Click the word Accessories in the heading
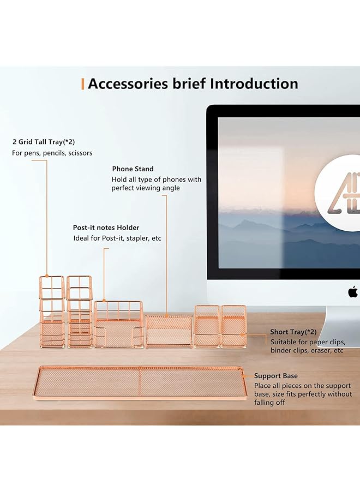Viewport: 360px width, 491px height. [x=128, y=83]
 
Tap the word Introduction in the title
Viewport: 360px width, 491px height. [x=254, y=83]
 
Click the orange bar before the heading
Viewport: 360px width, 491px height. [x=83, y=84]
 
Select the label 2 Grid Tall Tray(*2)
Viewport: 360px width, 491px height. [x=44, y=142]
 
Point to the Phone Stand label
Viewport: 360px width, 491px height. [x=133, y=169]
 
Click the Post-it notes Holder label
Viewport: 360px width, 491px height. [x=106, y=227]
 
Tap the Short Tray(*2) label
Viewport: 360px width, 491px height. [x=293, y=332]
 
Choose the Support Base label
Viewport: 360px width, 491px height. [x=276, y=376]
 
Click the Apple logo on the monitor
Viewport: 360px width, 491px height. [x=352, y=291]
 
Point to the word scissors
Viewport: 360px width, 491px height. [x=80, y=153]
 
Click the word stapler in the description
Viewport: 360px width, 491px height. [x=138, y=238]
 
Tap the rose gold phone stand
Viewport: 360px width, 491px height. [x=169, y=331]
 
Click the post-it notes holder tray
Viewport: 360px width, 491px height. [x=119, y=324]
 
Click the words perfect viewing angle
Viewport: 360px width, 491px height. [x=146, y=188]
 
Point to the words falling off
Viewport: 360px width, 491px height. [x=269, y=403]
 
